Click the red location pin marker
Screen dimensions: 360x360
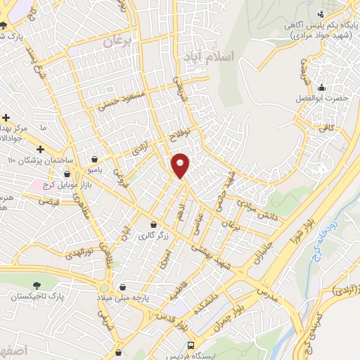click(x=181, y=164)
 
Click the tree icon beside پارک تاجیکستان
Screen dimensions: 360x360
click(x=36, y=285)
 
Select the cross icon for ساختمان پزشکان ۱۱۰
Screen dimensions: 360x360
click(x=40, y=149)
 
